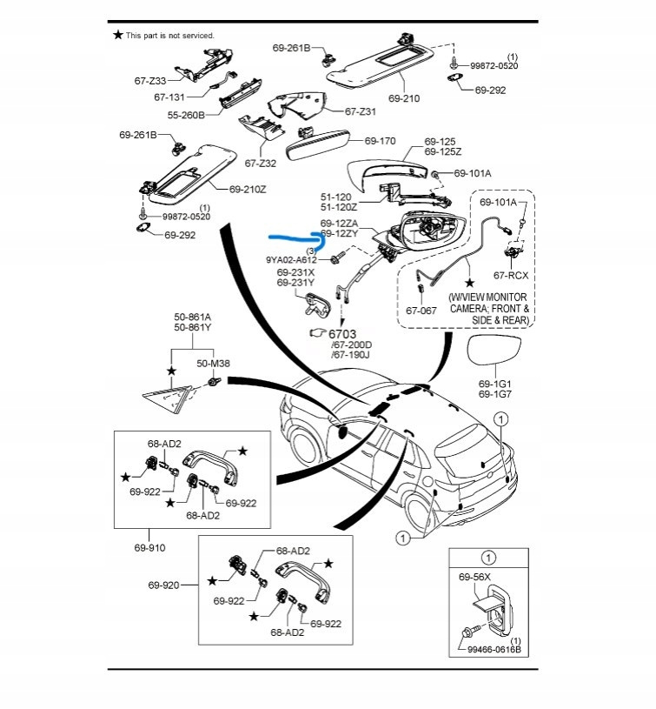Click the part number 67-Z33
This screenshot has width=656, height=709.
tap(150, 81)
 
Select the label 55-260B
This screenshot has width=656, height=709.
tap(185, 115)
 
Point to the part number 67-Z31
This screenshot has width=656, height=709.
tap(361, 111)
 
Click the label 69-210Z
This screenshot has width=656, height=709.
tap(248, 189)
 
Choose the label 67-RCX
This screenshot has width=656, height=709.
tap(511, 275)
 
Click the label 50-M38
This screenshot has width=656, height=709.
tap(214, 363)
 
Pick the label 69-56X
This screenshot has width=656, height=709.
tap(475, 577)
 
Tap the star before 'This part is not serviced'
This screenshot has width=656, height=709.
tap(118, 35)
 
